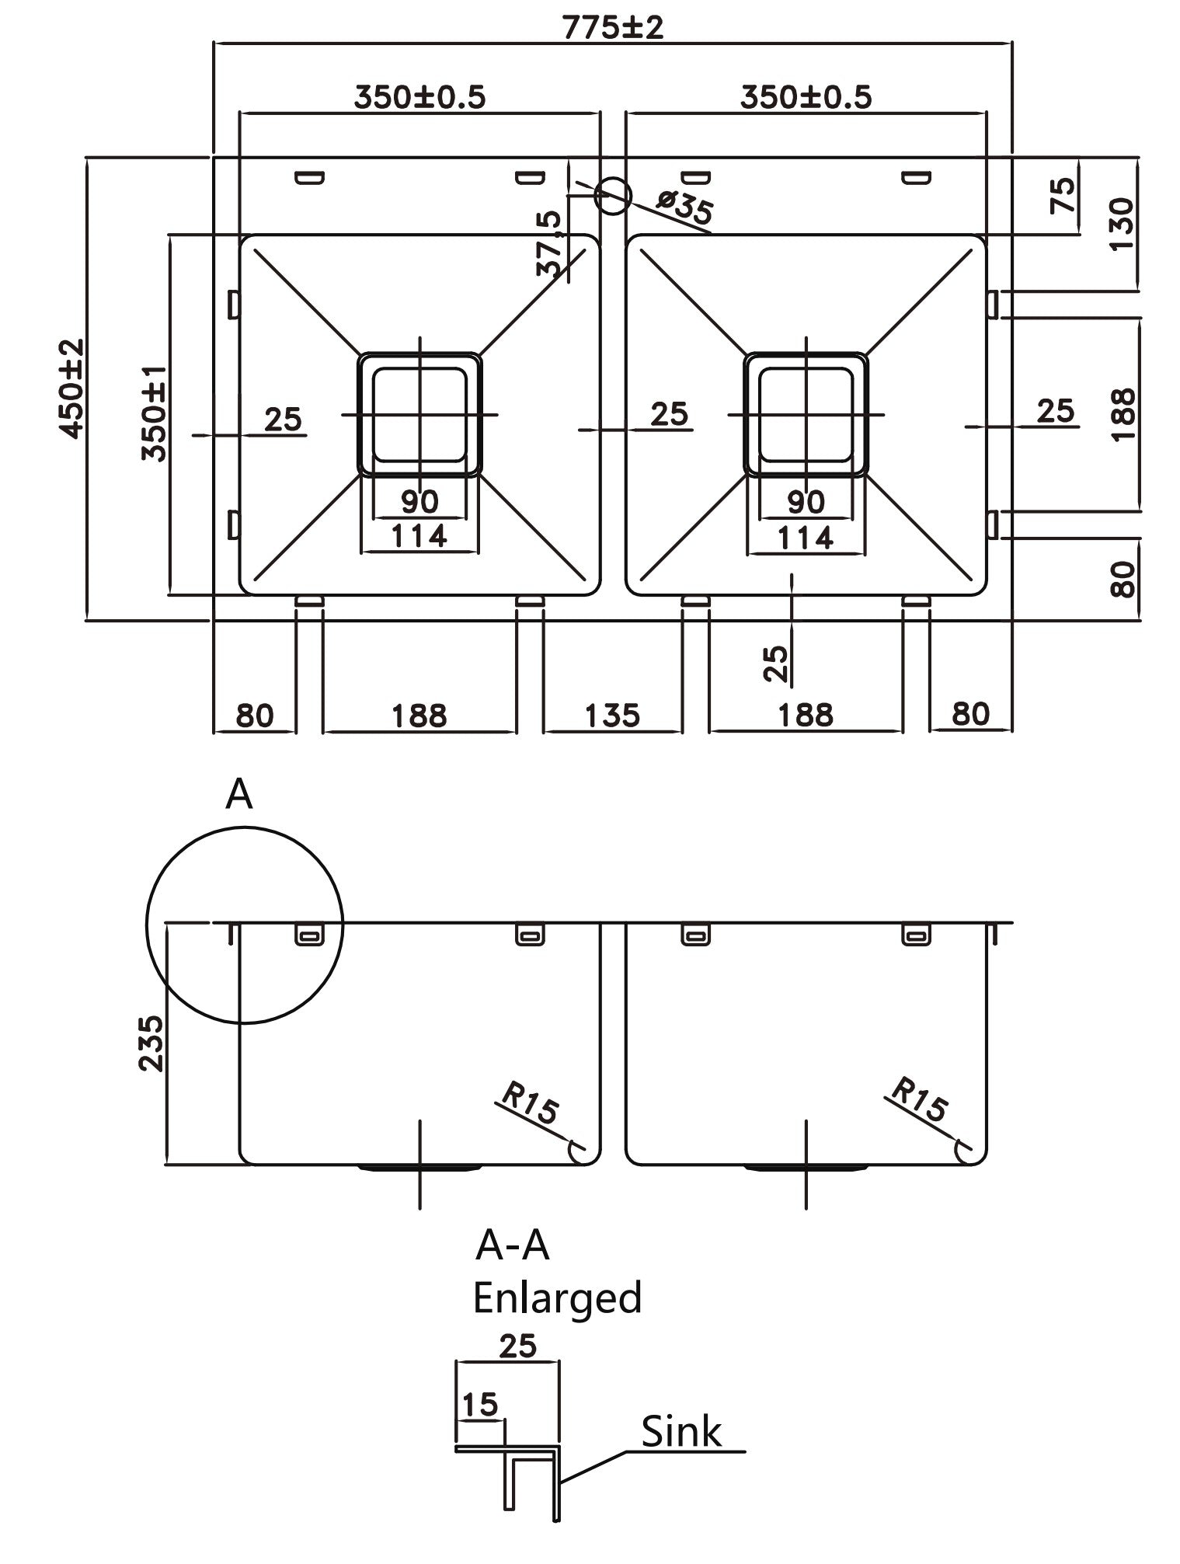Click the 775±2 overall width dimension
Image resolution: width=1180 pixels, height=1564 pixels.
click(x=613, y=28)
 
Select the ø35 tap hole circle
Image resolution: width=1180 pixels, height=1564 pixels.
click(x=611, y=195)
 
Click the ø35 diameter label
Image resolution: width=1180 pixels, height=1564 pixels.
click(x=684, y=210)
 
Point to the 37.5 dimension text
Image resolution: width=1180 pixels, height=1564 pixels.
click(x=549, y=244)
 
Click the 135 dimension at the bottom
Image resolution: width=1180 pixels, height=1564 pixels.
click(x=612, y=715)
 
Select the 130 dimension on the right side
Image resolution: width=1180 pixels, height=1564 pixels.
click(x=1122, y=224)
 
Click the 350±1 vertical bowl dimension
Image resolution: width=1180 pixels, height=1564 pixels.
click(x=155, y=414)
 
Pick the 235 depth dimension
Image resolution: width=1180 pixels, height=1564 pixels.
click(x=151, y=1043)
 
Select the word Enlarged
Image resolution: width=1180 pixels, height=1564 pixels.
click(x=557, y=1297)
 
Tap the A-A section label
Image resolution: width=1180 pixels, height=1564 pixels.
click(x=512, y=1245)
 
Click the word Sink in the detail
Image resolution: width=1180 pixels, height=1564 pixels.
click(x=681, y=1430)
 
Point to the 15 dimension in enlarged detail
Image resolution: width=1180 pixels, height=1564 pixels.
click(x=479, y=1404)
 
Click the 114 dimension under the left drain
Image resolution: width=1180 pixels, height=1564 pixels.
click(x=419, y=536)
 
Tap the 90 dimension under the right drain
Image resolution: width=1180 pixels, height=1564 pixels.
click(x=805, y=502)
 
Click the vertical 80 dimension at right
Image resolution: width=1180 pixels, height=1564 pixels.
click(x=1122, y=578)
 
